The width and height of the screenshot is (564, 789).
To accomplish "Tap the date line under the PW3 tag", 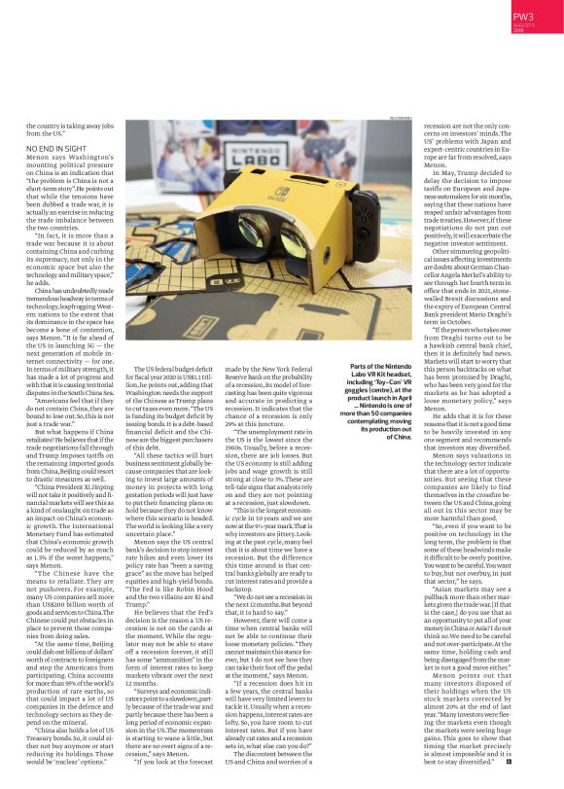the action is click(x=533, y=31).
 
